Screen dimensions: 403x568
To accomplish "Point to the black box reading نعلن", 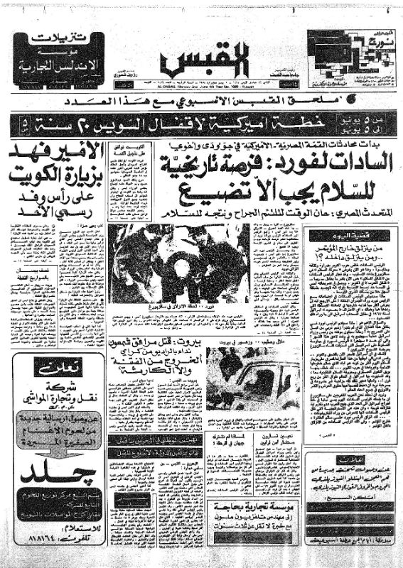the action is pos(55,368).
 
